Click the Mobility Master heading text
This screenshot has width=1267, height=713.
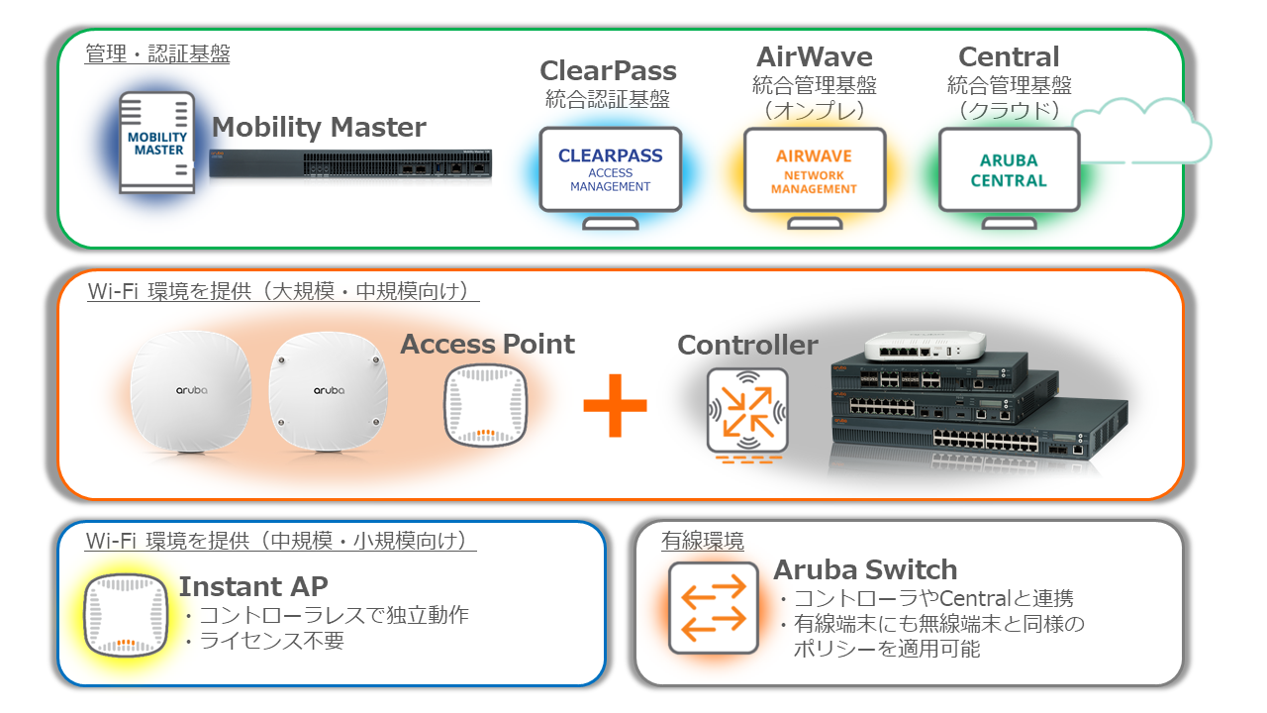tap(319, 128)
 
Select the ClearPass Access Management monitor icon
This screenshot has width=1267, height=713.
tap(610, 169)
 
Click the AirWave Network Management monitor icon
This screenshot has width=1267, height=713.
tap(814, 169)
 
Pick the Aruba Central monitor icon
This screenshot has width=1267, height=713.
tap(1008, 169)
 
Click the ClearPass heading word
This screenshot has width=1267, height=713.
tap(608, 71)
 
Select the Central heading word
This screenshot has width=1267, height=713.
tap(1009, 56)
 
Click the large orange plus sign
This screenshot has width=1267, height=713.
tap(615, 404)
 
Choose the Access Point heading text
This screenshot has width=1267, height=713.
tap(487, 345)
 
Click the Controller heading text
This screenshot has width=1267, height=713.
tap(747, 345)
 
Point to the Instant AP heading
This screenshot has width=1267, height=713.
tap(253, 586)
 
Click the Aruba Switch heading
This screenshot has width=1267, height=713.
tap(865, 570)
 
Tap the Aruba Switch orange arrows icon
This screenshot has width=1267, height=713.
tap(713, 607)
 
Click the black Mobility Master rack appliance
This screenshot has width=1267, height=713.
tap(350, 167)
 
